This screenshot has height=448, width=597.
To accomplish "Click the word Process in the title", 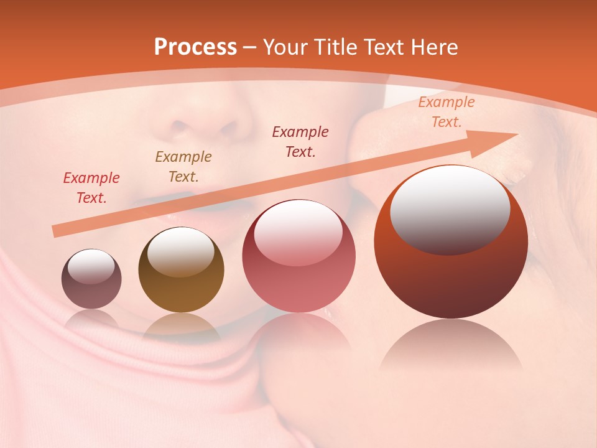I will (195, 47).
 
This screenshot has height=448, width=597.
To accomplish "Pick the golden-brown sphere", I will (181, 271).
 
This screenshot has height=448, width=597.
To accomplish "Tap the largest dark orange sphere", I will (451, 243).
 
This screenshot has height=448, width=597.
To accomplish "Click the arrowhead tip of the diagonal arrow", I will (516, 134).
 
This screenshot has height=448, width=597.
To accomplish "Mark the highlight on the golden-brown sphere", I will (180, 252).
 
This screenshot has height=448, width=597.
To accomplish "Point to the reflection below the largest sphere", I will (451, 345).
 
